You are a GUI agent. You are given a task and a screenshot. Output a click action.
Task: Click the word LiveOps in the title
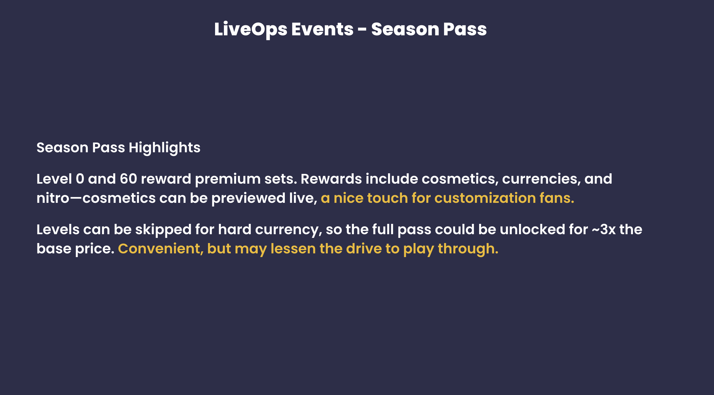point(251,30)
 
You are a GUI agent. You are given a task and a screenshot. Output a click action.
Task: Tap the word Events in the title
point(323,29)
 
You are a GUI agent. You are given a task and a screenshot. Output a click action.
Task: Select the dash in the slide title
point(362,30)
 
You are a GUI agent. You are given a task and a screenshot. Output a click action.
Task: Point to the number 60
point(128,179)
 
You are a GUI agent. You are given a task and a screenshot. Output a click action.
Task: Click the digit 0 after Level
point(80,179)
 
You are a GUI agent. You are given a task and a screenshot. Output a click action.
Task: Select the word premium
point(228,180)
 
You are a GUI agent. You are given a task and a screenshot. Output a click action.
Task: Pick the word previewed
point(249,199)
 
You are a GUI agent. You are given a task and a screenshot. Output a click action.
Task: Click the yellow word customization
point(485,198)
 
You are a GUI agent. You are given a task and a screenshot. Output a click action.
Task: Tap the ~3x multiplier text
point(604,230)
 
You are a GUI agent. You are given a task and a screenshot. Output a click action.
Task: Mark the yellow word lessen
point(293,249)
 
